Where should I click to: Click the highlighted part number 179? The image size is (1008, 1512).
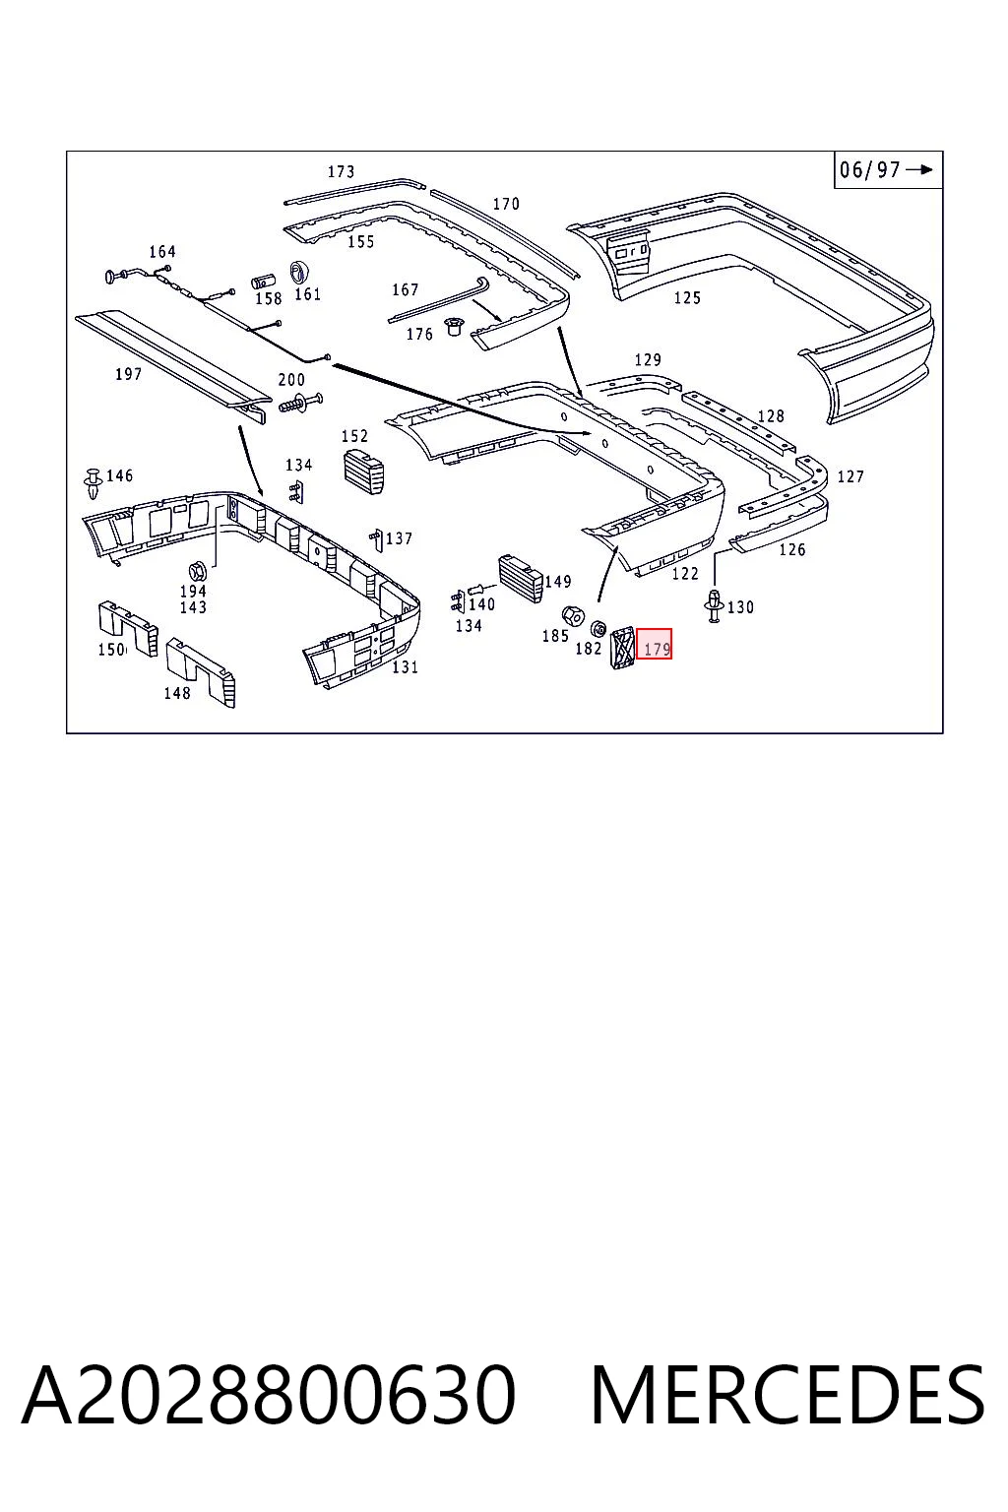655,643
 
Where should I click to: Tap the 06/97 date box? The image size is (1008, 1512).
888,169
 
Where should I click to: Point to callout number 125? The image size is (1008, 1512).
687,297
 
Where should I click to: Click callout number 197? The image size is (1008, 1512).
128,374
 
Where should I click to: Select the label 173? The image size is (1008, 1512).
341,171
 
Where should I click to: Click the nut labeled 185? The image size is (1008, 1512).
573,615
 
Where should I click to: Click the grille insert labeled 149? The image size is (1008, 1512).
520,579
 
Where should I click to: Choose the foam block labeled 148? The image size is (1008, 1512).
201,672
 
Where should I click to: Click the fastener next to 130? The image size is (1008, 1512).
716,605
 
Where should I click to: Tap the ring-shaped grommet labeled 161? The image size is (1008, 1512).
299,273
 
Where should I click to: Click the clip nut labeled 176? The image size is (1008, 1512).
453,328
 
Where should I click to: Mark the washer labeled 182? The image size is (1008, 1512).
598,628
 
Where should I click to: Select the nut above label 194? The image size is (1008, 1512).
197,571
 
